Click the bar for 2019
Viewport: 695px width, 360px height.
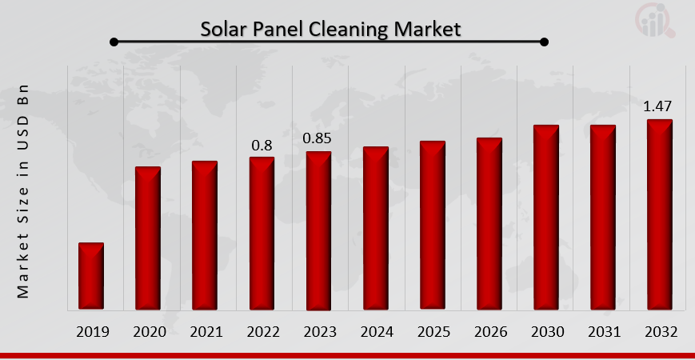point(91,276)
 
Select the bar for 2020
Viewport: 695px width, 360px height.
point(148,238)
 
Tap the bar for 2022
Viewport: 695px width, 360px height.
point(262,233)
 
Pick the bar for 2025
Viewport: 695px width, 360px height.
point(433,225)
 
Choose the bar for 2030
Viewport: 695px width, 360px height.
point(546,217)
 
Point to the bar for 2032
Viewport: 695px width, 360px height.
point(660,214)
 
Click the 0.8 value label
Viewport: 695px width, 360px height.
point(262,146)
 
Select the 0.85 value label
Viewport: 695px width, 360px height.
point(318,139)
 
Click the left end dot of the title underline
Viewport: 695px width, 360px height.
point(114,42)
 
